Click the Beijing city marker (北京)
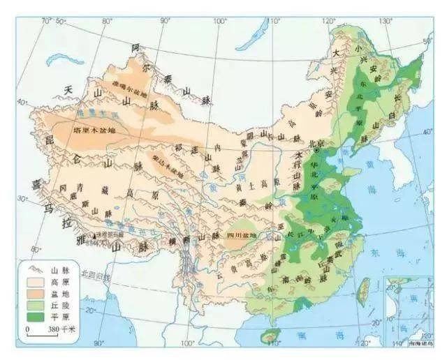(317, 150)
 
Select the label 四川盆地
(242, 235)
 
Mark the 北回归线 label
(94, 273)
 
